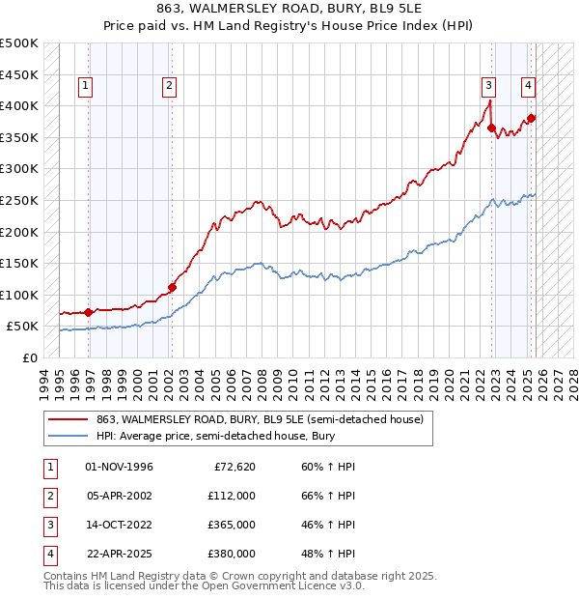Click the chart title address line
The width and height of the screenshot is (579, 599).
click(x=289, y=7)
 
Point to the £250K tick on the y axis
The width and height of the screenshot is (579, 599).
click(x=19, y=200)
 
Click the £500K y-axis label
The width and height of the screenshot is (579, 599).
click(x=19, y=43)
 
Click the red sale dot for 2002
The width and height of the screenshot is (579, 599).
click(x=173, y=286)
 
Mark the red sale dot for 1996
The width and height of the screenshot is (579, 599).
click(x=89, y=311)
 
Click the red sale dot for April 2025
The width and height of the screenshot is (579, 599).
click(x=531, y=118)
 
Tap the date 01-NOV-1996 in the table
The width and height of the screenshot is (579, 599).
click(x=119, y=467)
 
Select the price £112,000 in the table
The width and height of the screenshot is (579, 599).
click(x=232, y=496)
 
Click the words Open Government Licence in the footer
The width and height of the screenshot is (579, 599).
click(x=277, y=585)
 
